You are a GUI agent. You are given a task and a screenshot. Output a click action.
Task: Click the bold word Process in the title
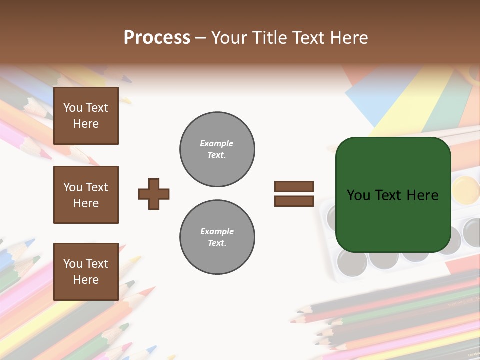(x=157, y=38)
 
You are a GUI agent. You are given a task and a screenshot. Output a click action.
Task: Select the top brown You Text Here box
(x=86, y=116)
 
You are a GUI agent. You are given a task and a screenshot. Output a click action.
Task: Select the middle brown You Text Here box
(x=86, y=195)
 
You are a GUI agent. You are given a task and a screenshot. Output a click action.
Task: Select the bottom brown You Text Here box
(x=86, y=271)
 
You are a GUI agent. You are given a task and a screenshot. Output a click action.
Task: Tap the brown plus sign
(x=154, y=194)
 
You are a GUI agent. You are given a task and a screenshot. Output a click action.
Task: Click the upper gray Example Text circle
(x=217, y=149)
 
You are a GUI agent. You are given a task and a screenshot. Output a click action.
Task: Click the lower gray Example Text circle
(x=217, y=237)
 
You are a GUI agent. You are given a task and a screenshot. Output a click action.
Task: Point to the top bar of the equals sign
(x=294, y=186)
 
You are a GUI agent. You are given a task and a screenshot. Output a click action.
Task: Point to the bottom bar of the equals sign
(x=294, y=201)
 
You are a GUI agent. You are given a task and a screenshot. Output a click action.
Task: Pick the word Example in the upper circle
(x=216, y=143)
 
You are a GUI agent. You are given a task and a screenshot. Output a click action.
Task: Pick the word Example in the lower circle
(x=217, y=231)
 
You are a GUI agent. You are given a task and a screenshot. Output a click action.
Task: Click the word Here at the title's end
(x=348, y=38)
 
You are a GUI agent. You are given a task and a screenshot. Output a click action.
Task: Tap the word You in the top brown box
(x=72, y=108)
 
